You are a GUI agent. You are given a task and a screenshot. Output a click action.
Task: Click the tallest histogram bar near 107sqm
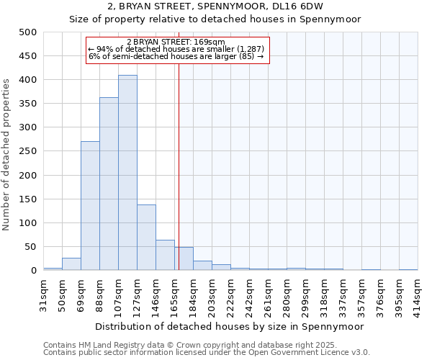click(127, 173)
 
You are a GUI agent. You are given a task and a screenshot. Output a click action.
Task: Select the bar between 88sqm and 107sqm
click(109, 184)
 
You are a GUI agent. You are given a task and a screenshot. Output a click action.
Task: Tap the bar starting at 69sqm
click(90, 206)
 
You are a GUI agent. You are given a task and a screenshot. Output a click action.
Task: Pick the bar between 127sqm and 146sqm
click(146, 238)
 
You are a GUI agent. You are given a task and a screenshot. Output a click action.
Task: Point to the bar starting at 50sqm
click(71, 264)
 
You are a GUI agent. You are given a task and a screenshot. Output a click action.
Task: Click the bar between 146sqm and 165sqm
click(165, 256)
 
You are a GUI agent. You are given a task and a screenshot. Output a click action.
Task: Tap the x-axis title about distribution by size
click(230, 326)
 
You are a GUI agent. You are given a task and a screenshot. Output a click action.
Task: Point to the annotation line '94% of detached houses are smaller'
click(176, 49)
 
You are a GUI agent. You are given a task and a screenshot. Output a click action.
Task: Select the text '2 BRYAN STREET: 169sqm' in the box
click(176, 42)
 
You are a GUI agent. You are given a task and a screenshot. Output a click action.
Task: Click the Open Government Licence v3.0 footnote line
click(206, 352)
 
